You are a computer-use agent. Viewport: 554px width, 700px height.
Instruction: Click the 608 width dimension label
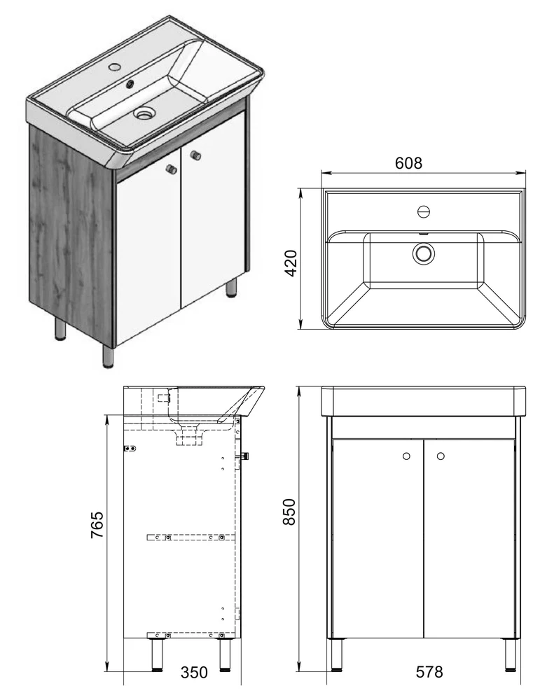click(x=408, y=163)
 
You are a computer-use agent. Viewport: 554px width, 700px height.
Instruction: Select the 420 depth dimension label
click(x=291, y=263)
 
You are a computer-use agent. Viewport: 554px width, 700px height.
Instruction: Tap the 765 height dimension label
click(x=97, y=524)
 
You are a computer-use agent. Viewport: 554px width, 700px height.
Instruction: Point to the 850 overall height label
click(x=289, y=512)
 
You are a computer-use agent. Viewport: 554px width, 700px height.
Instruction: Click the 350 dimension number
click(x=194, y=672)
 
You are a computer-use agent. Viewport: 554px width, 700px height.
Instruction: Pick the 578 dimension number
click(x=429, y=671)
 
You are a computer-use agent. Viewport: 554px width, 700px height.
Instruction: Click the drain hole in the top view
click(x=423, y=253)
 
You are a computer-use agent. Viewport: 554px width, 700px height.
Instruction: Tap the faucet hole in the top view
click(x=424, y=211)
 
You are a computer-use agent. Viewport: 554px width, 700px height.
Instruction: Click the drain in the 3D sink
click(x=145, y=113)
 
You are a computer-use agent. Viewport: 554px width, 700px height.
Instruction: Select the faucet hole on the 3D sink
click(x=114, y=67)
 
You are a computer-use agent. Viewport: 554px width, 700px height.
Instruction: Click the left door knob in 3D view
click(x=170, y=169)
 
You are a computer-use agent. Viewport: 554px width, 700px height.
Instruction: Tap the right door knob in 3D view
click(x=195, y=155)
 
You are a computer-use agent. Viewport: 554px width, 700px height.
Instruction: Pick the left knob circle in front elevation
click(x=406, y=456)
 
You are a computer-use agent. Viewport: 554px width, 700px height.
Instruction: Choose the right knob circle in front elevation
click(x=441, y=456)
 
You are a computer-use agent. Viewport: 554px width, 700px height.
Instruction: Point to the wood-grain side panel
click(x=71, y=234)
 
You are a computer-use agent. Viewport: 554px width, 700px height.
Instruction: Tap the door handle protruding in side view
click(x=244, y=456)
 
